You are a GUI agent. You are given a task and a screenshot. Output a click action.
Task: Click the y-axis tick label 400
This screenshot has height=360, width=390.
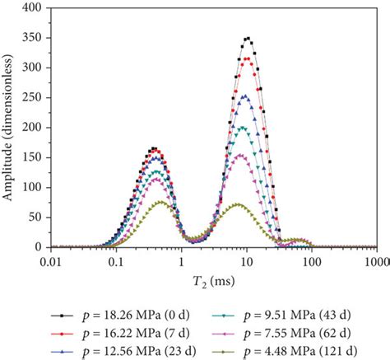[32, 8]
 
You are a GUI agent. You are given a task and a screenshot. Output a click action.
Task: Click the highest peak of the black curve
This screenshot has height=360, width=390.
[247, 38]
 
